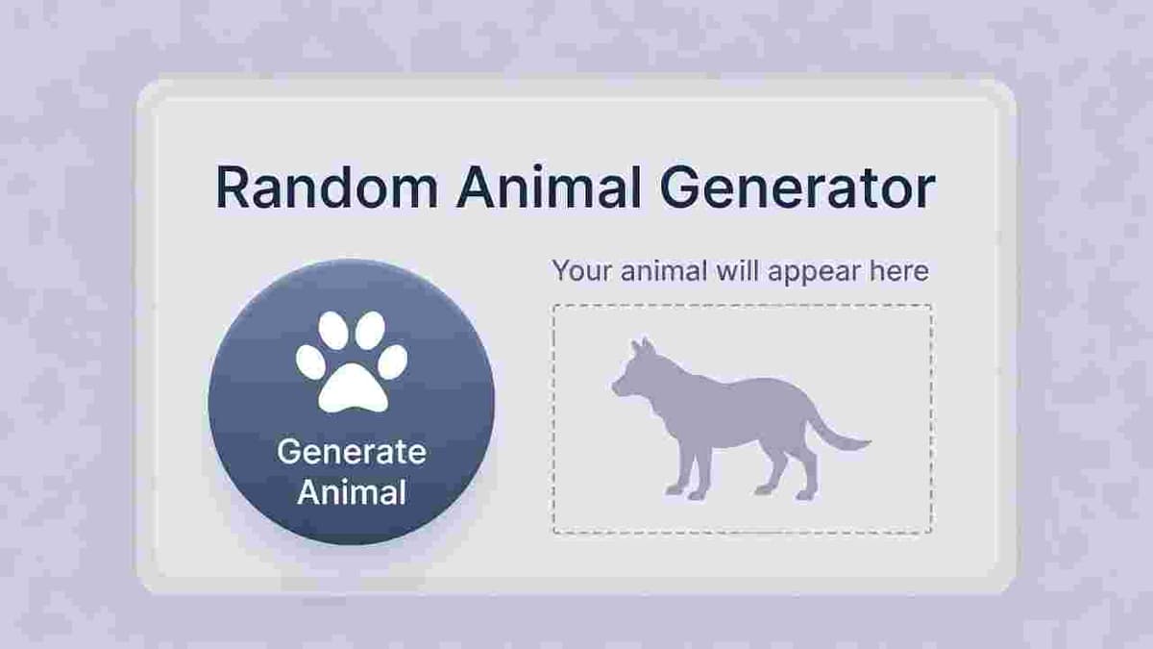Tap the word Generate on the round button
pyautogui.click(x=351, y=452)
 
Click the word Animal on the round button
pyautogui.click(x=351, y=492)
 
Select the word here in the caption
pyautogui.click(x=898, y=271)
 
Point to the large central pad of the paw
pyautogui.click(x=351, y=385)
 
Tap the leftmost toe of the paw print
pyautogui.click(x=310, y=362)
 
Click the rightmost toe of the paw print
pyautogui.click(x=392, y=362)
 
